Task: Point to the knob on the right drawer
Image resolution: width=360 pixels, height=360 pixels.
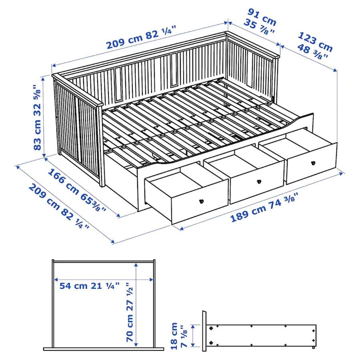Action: [313, 163]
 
